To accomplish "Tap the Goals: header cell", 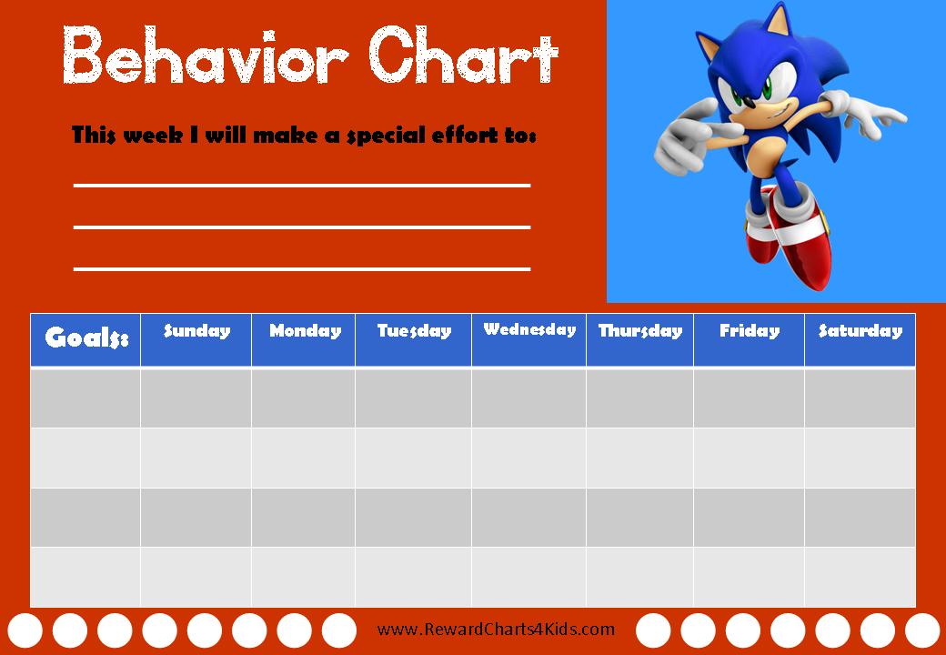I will click(86, 339).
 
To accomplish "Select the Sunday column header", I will click(196, 331).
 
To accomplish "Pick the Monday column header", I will click(304, 331).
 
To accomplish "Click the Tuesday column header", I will click(414, 331).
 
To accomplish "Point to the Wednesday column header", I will click(528, 329).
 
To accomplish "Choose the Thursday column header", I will click(639, 331).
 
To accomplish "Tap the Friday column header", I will click(749, 331).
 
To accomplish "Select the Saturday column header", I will click(860, 331).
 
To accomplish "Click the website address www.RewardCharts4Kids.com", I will click(496, 629).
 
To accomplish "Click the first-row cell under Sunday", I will click(196, 398).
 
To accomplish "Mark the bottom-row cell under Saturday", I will click(860, 577).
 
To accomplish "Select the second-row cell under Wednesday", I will click(528, 458).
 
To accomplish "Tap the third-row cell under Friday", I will click(749, 517).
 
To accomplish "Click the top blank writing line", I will click(301, 185).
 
